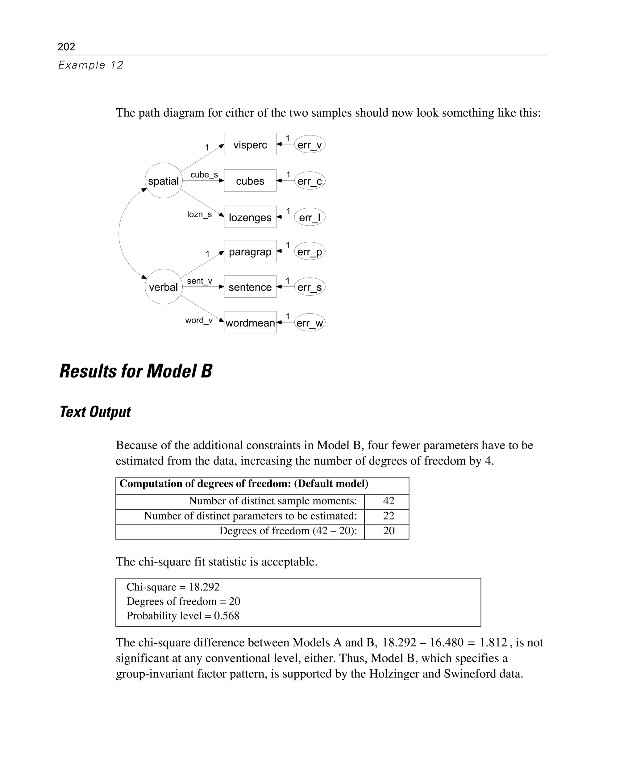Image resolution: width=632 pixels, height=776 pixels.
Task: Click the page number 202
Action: (x=66, y=47)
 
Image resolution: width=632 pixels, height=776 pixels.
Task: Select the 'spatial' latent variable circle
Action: (x=164, y=181)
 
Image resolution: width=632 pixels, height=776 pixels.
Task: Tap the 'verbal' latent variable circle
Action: (x=164, y=287)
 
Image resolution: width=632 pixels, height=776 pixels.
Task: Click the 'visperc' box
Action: (x=250, y=144)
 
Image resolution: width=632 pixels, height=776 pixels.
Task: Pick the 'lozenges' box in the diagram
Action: (x=250, y=217)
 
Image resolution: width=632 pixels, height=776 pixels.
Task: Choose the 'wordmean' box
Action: (x=250, y=323)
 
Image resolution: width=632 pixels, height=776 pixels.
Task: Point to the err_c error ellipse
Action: (x=310, y=181)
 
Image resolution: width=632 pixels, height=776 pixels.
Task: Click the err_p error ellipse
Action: (x=310, y=252)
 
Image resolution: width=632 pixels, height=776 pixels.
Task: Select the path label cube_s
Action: (x=204, y=175)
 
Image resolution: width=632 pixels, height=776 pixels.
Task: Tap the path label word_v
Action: (x=199, y=320)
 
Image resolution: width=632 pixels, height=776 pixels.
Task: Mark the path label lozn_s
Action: (x=199, y=215)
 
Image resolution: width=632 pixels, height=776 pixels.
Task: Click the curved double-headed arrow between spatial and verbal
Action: (x=119, y=234)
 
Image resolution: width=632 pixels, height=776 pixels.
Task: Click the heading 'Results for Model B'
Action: (x=136, y=371)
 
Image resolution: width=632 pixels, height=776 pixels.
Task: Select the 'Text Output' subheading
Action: (x=95, y=412)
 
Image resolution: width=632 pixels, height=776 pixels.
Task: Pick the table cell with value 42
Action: (x=389, y=501)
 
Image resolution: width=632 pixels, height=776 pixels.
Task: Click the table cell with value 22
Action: (x=389, y=515)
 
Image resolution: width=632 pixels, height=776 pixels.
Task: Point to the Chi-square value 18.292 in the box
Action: (x=204, y=587)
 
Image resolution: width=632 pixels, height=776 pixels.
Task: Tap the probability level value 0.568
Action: (x=227, y=615)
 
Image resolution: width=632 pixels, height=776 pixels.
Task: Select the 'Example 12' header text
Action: (x=91, y=65)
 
